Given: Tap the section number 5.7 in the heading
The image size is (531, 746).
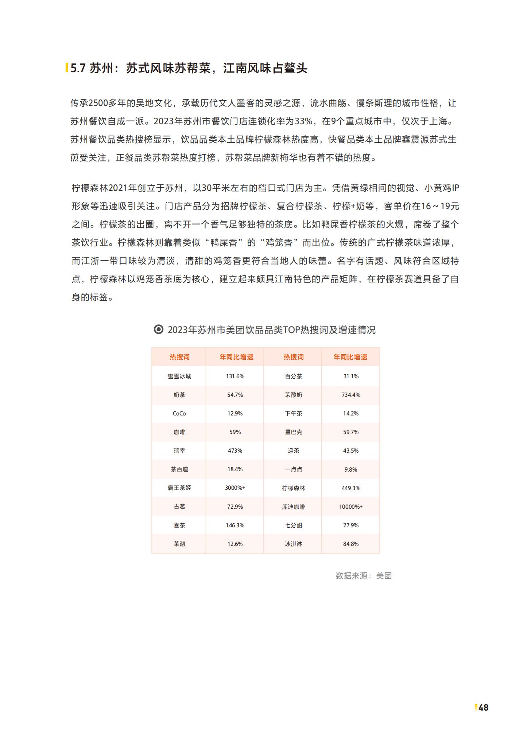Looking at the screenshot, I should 78,68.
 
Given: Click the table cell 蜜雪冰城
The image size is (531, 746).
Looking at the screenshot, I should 179,376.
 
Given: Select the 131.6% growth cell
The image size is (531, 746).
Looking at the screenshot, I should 235,376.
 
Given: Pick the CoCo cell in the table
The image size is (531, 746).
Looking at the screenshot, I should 179,413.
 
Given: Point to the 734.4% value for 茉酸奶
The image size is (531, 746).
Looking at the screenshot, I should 351,395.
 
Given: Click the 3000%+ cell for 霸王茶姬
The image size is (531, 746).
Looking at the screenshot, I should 235,488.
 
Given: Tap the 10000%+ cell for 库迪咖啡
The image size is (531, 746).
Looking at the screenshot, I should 351,507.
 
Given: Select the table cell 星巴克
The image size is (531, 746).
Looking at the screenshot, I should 293,432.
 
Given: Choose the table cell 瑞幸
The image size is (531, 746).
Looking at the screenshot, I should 179,450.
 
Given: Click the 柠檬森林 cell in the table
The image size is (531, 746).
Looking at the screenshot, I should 293,488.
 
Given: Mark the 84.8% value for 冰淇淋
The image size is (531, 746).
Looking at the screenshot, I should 351,544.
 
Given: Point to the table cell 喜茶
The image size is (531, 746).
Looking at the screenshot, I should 179,525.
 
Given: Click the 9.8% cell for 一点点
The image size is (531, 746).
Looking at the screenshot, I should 351,469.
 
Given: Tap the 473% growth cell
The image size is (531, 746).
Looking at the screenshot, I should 235,450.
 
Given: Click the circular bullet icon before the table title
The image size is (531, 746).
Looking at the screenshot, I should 159,329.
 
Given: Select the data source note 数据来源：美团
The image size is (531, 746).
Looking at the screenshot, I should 363,575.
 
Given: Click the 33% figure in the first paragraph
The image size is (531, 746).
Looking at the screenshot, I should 303,121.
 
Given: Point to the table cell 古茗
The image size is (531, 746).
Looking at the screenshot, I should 179,507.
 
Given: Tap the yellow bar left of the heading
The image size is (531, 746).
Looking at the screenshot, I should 67,68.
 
